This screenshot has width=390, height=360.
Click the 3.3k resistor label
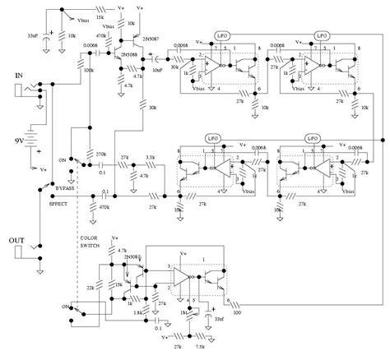[x=151, y=156]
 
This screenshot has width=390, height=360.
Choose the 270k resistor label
[x=102, y=155]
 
